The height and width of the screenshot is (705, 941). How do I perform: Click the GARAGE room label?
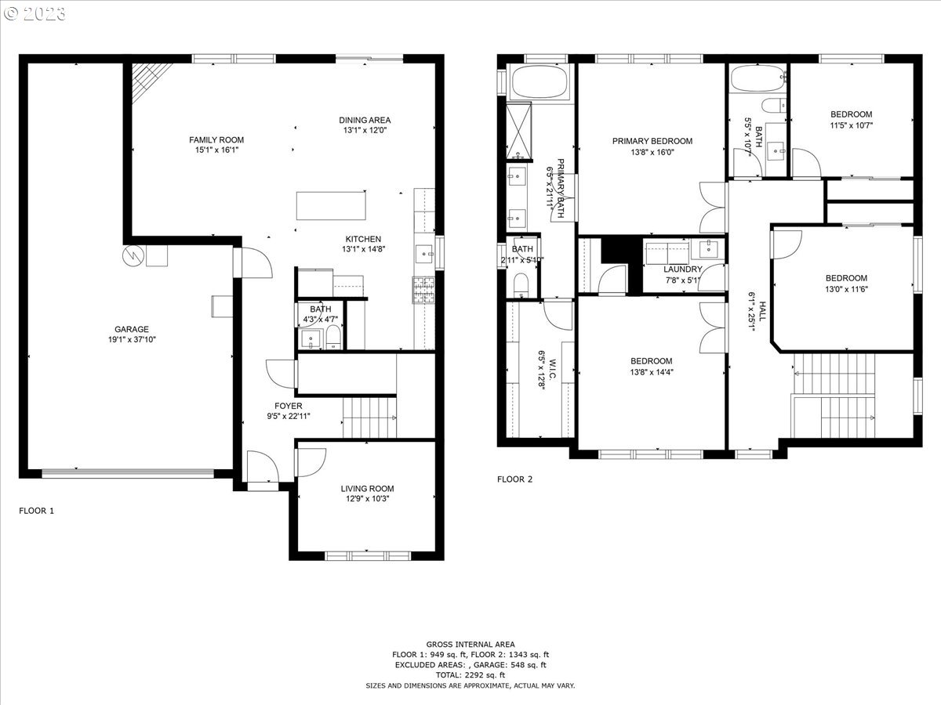point(132,329)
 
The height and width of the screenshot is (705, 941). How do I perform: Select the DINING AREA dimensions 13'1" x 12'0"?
point(364,131)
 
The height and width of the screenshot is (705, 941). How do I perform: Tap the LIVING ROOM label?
point(367,489)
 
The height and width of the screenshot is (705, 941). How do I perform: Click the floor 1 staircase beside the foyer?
point(370,417)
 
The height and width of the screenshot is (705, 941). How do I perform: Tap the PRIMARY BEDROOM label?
point(652,141)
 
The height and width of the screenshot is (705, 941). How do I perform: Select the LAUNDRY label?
point(682,269)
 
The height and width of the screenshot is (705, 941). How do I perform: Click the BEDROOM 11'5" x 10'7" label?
point(851,114)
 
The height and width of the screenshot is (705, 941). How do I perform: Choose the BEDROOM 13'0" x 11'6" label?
point(846,278)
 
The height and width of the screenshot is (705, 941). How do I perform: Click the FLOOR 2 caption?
point(514,479)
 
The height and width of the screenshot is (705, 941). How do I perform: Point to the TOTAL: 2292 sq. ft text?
point(470,674)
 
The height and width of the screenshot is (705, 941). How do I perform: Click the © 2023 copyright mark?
point(35,13)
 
